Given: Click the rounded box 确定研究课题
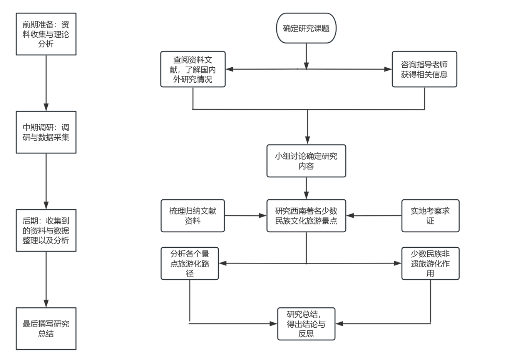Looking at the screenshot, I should tap(306, 28).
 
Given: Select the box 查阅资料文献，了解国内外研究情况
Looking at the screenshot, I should tap(192, 69).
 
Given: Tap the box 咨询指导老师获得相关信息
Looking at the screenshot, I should tap(424, 69).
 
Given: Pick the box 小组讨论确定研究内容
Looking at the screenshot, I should tap(306, 161).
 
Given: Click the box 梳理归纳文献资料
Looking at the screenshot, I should tap(192, 216).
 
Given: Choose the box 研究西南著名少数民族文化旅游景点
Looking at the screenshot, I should tap(306, 216).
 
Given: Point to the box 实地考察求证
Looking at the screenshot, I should tap(430, 216).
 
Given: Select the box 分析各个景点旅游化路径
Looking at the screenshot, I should tap(189, 263).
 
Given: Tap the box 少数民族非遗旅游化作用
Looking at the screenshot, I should tap(430, 263).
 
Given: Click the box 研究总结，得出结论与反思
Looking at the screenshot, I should tap(306, 324).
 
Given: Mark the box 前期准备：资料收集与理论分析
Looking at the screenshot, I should tap(46, 34).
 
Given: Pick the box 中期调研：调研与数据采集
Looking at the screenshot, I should tap(46, 132).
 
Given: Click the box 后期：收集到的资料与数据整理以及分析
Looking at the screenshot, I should tap(46, 230).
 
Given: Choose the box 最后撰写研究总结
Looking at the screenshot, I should tap(46, 328).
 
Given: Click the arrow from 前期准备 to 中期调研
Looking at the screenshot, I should tap(46, 83).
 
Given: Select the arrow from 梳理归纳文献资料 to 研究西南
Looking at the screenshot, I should tap(246, 216).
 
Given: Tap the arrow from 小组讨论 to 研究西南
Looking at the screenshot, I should tap(306, 188).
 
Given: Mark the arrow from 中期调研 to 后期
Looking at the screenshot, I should tap(46, 181).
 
